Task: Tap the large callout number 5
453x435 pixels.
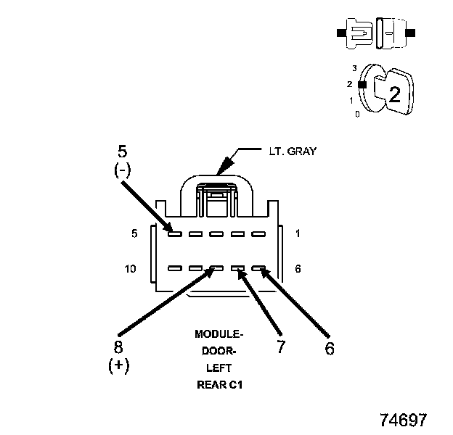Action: [122, 152]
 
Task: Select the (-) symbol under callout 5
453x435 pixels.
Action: [122, 171]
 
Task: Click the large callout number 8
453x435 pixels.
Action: [118, 347]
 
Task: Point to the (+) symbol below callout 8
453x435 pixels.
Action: [118, 365]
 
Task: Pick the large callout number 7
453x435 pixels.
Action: [280, 347]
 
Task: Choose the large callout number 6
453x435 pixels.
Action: [329, 348]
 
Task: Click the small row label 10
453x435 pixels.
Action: [131, 268]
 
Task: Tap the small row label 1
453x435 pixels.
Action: [298, 233]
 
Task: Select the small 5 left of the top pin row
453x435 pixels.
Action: [134, 233]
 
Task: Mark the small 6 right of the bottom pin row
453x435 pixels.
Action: [298, 268]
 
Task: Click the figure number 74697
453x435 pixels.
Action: [403, 420]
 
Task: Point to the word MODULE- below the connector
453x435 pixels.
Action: [219, 334]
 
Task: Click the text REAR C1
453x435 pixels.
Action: [219, 385]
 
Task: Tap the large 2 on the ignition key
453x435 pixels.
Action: [394, 94]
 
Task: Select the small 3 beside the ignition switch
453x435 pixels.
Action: [354, 68]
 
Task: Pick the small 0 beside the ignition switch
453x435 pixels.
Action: [356, 114]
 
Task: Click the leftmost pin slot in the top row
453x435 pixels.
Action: [174, 233]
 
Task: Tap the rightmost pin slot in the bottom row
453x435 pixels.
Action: [258, 268]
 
